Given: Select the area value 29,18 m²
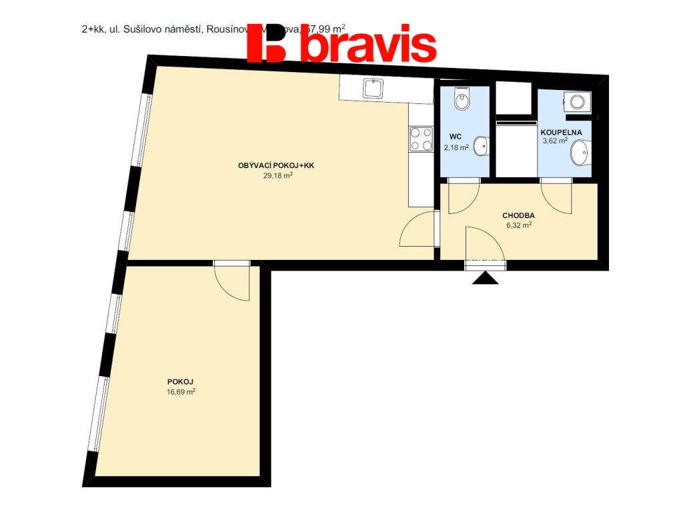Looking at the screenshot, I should coord(278,177).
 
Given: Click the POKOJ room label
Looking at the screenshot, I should coord(180,381).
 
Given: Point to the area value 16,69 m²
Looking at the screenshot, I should coord(181,392).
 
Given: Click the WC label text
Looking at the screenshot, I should coord(456,137).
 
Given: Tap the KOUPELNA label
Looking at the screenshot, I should coord(560,131).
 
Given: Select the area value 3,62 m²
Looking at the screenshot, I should coord(554,141).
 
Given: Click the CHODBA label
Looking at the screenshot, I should coord(518,215).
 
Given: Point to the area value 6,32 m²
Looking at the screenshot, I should coord(519,225).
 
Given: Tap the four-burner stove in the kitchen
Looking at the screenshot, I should coord(421,139).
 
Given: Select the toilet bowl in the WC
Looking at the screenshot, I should coord(462,100).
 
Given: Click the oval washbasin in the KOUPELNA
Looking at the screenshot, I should coord(580,153).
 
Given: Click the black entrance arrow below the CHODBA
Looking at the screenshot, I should coord(486,278).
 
